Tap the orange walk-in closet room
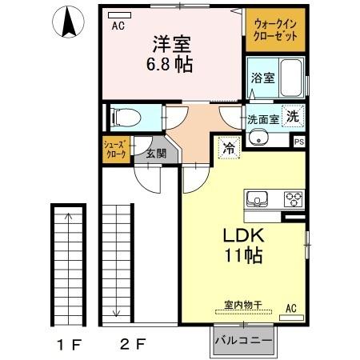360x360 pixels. pyautogui.click(x=274, y=31)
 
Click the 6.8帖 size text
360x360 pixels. pyautogui.click(x=169, y=64)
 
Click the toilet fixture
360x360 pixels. pyautogui.click(x=124, y=118)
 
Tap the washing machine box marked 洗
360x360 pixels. pyautogui.click(x=293, y=115)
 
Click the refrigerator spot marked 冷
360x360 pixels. pyautogui.click(x=229, y=148)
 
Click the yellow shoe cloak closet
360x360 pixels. pyautogui.click(x=114, y=150)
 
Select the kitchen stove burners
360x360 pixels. pyautogui.click(x=293, y=199)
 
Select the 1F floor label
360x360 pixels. pyautogui.click(x=69, y=345)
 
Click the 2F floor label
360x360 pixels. pyautogui.click(x=130, y=345)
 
